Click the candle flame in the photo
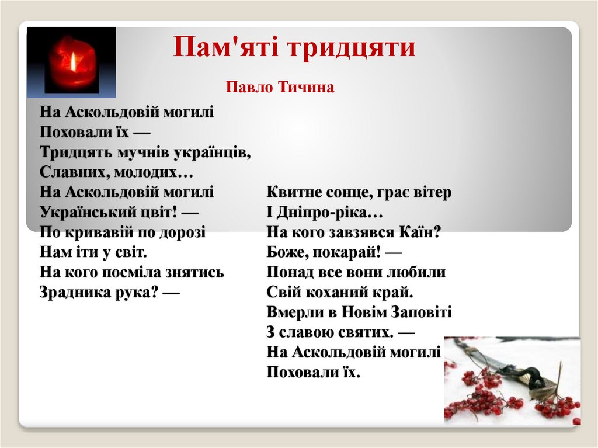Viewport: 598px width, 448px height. click(x=74, y=61)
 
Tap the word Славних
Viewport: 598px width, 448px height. click(x=66, y=172)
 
